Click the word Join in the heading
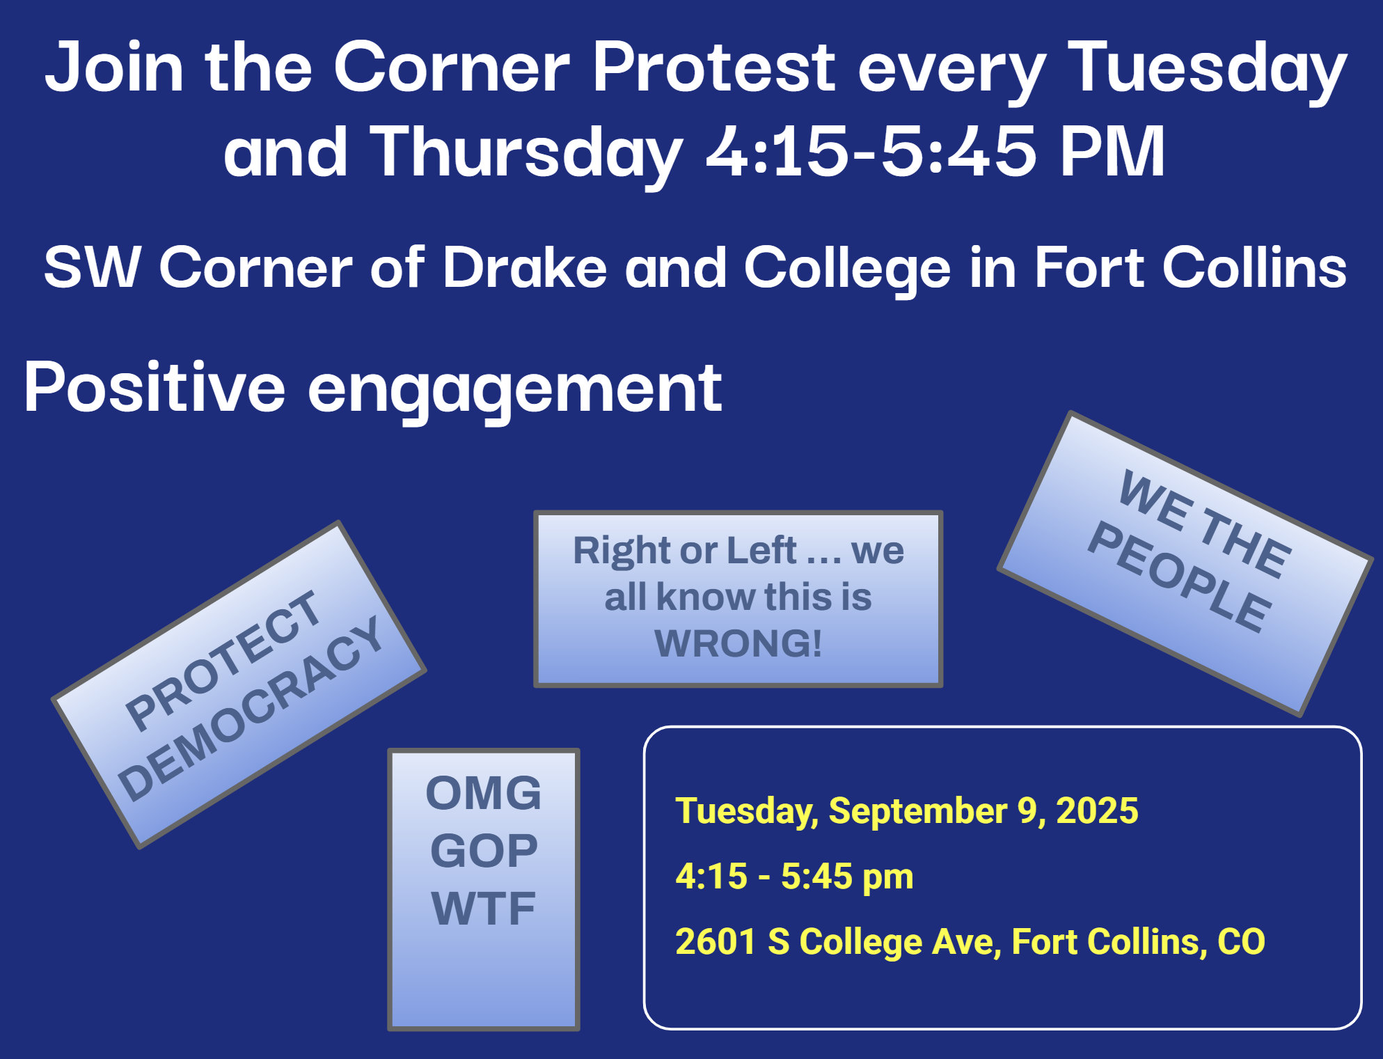pos(115,67)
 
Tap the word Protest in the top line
pos(714,67)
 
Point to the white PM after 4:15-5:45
pos(1112,151)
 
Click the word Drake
pos(525,267)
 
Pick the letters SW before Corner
pos(93,267)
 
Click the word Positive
pos(155,387)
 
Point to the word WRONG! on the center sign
pos(738,643)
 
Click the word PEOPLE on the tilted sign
pos(1180,576)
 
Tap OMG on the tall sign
pos(484,793)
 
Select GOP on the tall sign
pos(484,851)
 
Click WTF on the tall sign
pos(484,909)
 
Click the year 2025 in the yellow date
pos(1097,810)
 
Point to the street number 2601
pos(716,942)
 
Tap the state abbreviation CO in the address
pos(1241,942)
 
